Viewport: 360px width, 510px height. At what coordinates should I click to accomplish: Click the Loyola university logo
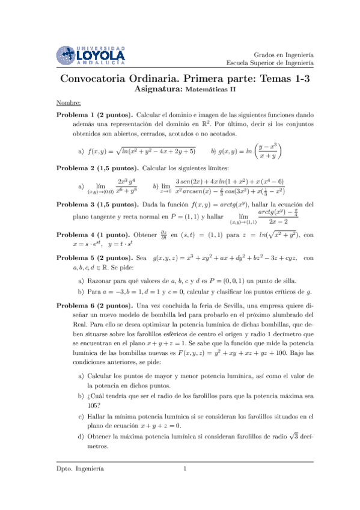pos(90,54)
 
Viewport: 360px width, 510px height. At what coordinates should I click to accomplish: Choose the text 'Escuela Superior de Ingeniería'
pos(270,62)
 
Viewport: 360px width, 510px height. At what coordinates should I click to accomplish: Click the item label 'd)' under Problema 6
pos(81,436)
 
